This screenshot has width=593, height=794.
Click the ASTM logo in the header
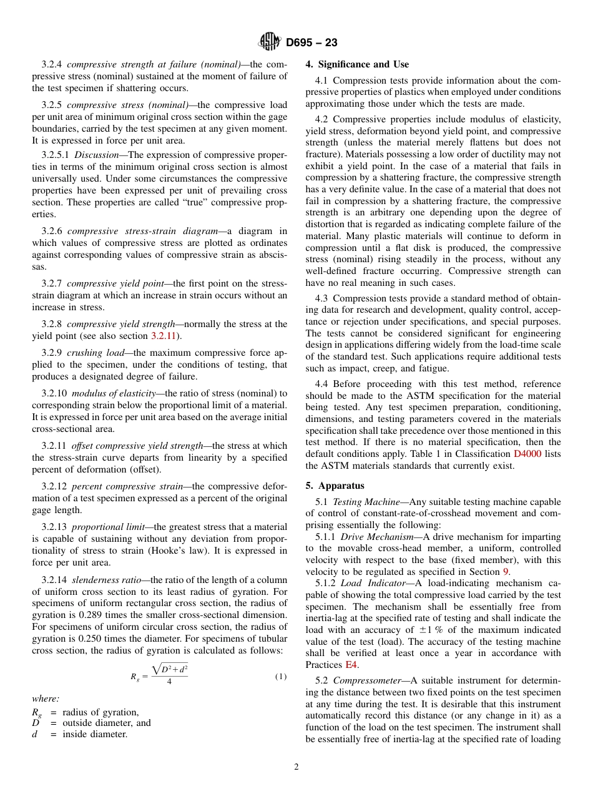click(x=270, y=42)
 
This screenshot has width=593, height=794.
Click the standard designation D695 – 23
click(x=311, y=43)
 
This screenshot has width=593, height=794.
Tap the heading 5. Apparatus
click(x=335, y=486)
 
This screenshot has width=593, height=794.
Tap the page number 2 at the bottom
click(x=296, y=767)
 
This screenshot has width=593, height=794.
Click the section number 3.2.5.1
click(x=56, y=155)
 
